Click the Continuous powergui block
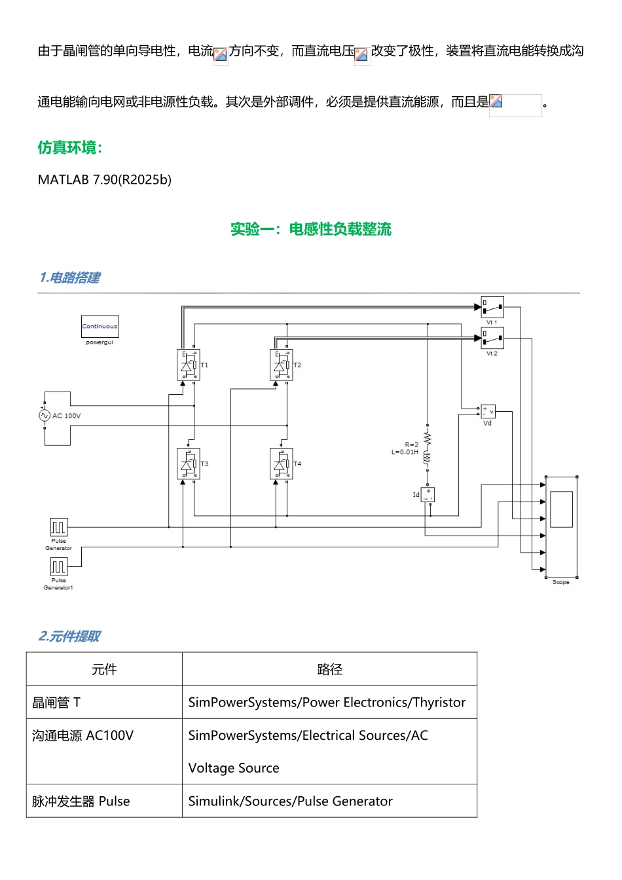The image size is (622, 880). click(100, 326)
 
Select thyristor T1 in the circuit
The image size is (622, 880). click(189, 365)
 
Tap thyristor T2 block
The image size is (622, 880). click(282, 365)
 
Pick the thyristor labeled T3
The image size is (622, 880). click(189, 464)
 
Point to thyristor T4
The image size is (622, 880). click(282, 464)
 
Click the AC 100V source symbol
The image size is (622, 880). click(45, 415)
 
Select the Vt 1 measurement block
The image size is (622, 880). click(492, 307)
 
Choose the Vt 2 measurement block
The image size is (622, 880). click(492, 338)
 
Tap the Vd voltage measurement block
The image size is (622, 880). click(488, 411)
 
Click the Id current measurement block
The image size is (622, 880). click(428, 494)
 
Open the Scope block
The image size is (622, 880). click(562, 527)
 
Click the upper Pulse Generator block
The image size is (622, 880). click(59, 527)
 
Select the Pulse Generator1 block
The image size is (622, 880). click(59, 566)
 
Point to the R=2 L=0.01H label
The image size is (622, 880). click(405, 449)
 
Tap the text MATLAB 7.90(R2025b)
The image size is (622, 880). click(105, 180)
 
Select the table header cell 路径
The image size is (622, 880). click(329, 669)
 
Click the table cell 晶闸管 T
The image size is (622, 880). click(56, 703)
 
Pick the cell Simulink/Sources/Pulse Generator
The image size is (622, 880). click(290, 801)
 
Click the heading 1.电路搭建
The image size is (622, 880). click(69, 278)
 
